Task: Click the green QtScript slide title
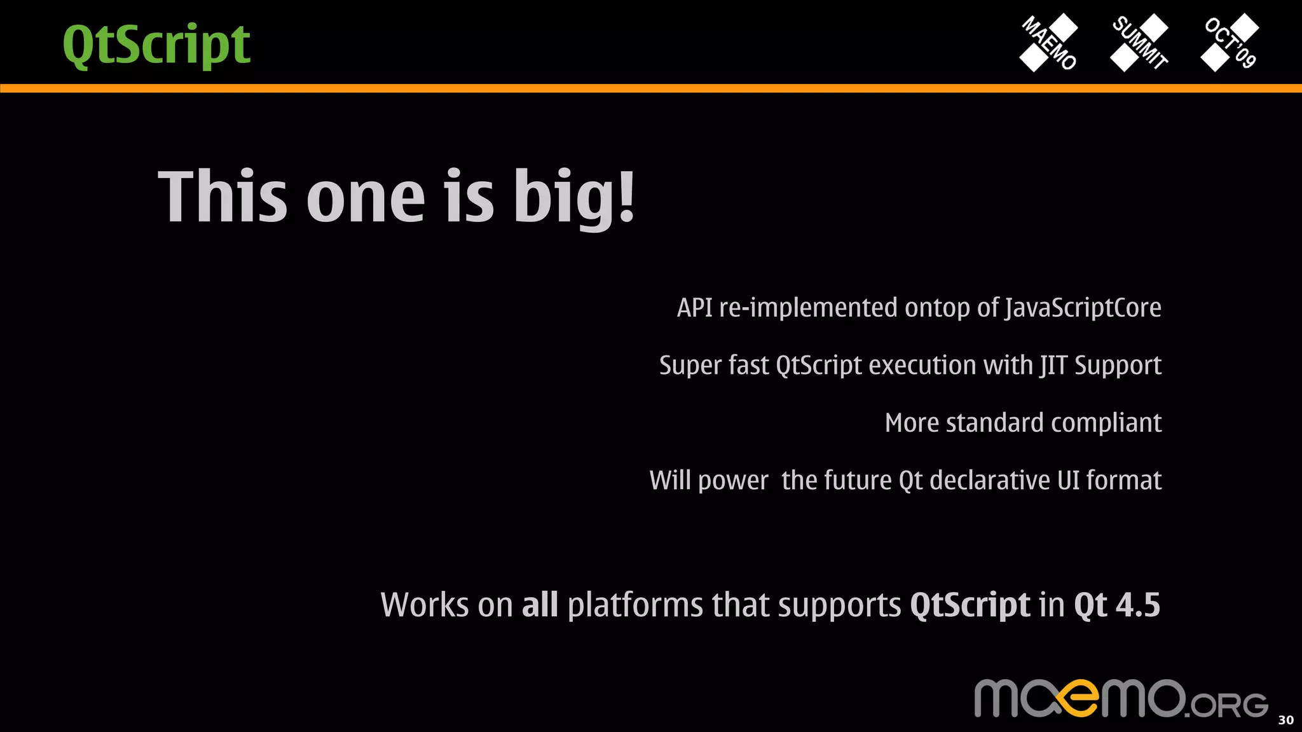156,45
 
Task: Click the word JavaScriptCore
1083,308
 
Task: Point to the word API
694,308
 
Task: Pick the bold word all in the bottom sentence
540,604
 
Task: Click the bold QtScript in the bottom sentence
970,605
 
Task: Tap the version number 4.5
1138,604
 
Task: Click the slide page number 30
1285,720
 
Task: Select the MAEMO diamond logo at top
1049,43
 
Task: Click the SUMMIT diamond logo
1139,43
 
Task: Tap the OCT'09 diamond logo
1230,43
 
